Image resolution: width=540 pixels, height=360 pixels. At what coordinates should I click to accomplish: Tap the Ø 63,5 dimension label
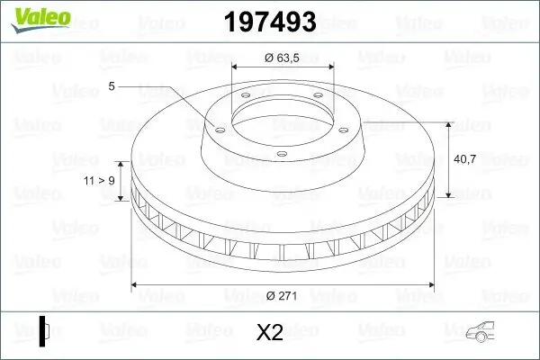pyautogui.click(x=282, y=58)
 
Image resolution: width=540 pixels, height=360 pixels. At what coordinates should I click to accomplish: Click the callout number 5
pyautogui.click(x=112, y=86)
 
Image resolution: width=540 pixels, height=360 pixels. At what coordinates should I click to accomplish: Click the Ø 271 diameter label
pyautogui.click(x=283, y=294)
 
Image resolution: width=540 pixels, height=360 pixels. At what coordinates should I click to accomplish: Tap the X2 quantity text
pyautogui.click(x=269, y=333)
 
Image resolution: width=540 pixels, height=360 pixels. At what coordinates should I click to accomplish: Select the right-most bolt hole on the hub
pyautogui.click(x=346, y=126)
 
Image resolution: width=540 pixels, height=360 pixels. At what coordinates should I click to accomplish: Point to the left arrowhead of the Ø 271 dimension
pyautogui.click(x=135, y=285)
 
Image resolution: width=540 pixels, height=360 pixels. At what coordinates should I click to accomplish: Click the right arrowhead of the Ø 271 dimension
pyautogui.click(x=430, y=285)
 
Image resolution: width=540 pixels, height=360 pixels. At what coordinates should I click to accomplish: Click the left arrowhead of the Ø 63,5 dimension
pyautogui.click(x=235, y=67)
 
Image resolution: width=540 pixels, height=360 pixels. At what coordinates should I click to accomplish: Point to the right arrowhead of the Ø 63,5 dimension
pyautogui.click(x=330, y=67)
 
